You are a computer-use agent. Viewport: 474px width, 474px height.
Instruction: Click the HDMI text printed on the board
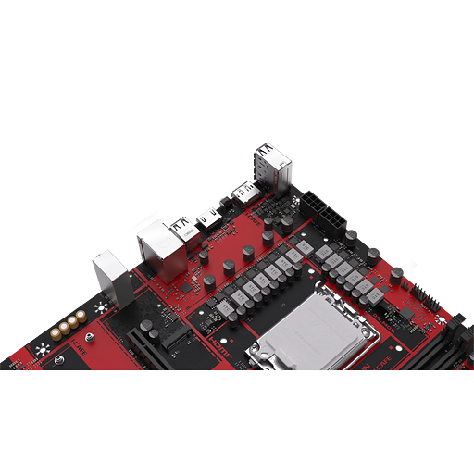point(216,341)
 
